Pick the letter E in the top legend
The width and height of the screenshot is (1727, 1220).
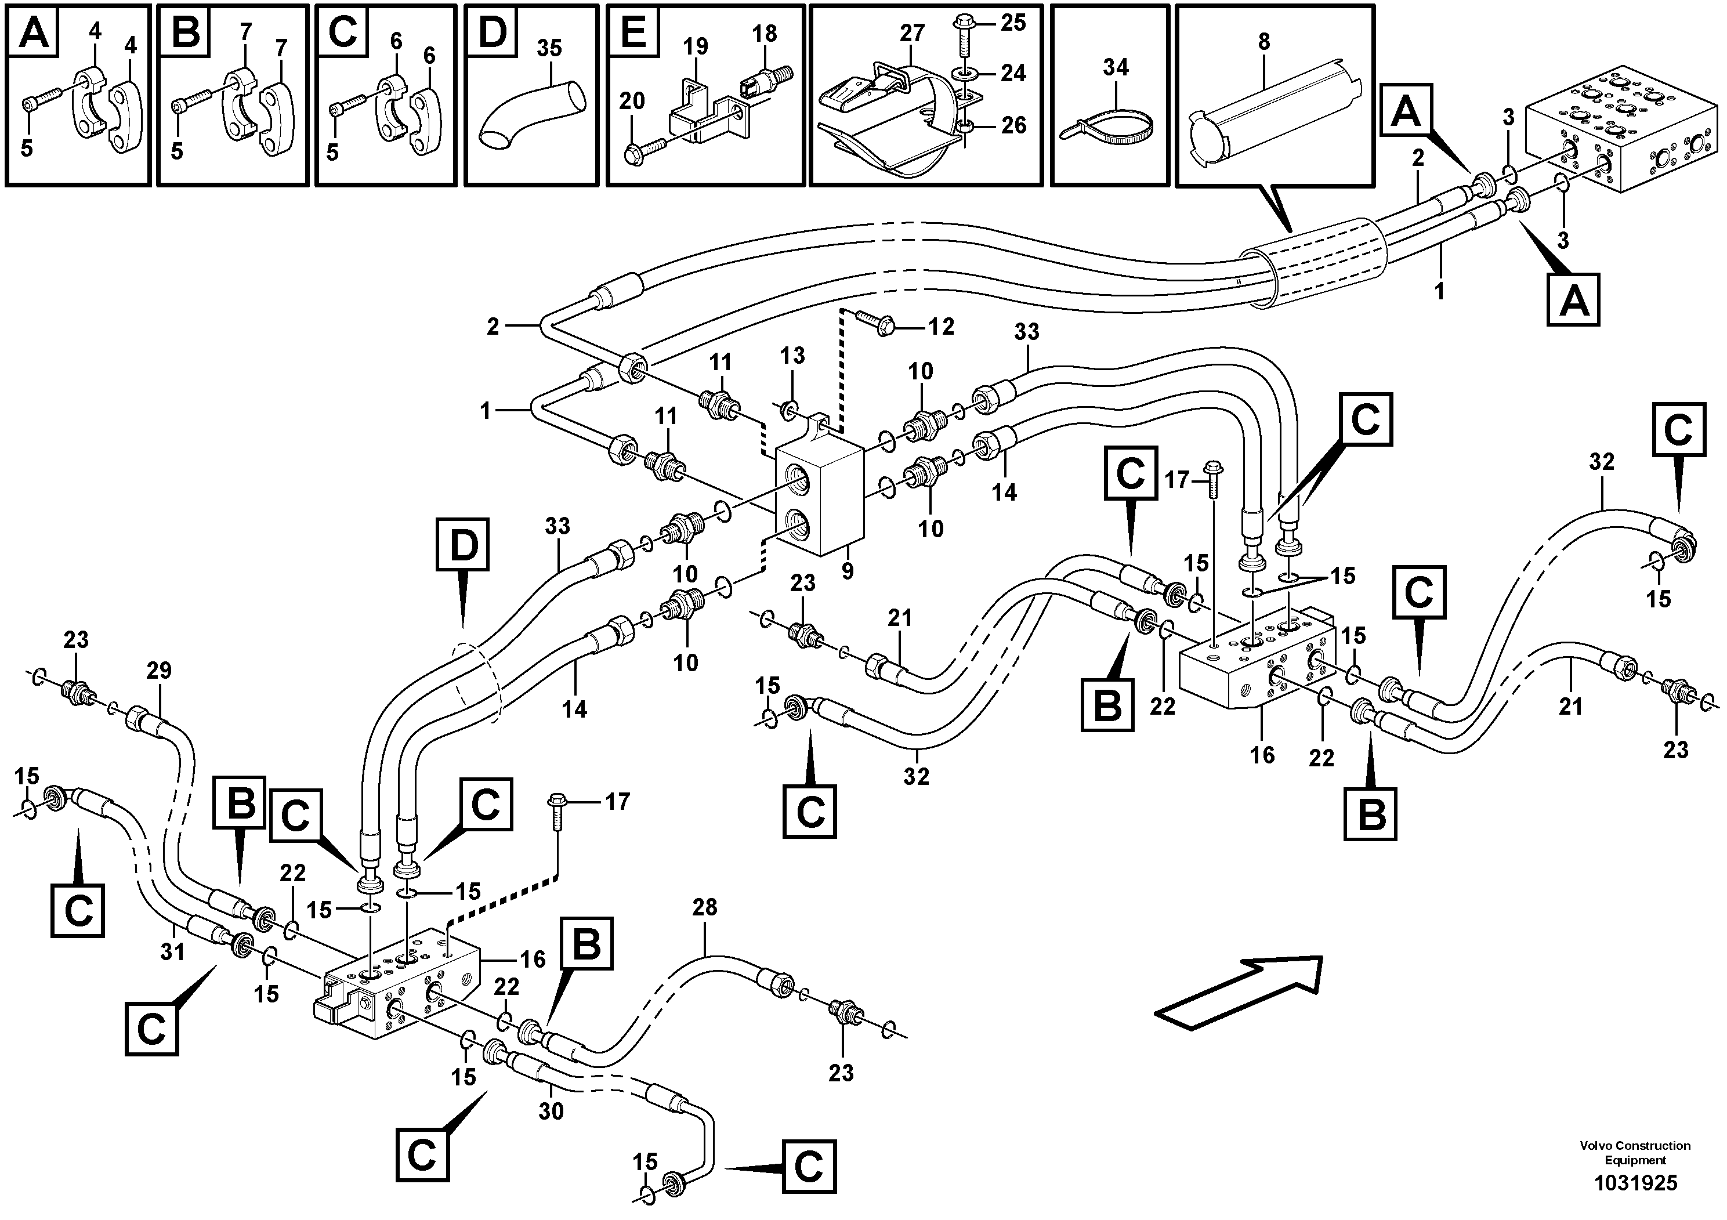tap(635, 33)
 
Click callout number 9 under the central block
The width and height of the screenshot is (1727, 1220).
tap(848, 571)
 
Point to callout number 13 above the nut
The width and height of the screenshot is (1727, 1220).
tap(792, 356)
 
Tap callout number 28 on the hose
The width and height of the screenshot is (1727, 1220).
tap(705, 907)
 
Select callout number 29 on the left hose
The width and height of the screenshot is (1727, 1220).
tap(159, 670)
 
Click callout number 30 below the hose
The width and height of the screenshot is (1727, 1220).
tap(551, 1110)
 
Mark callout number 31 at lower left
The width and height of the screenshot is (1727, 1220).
tap(172, 951)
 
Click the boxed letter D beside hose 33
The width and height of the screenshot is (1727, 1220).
tap(464, 545)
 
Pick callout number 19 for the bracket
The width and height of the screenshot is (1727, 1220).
tap(695, 46)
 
